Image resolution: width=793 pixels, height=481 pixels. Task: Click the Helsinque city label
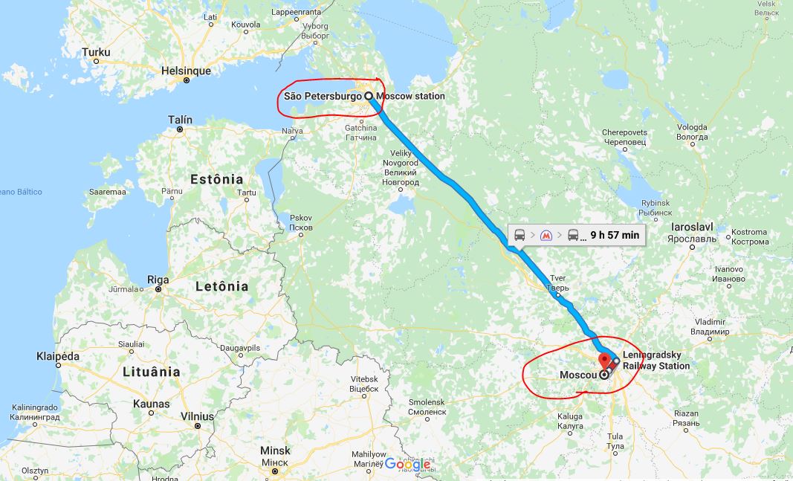pyautogui.click(x=186, y=71)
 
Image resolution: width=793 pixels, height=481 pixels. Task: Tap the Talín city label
pyautogui.click(x=180, y=120)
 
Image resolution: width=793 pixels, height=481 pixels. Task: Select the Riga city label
pyautogui.click(x=158, y=280)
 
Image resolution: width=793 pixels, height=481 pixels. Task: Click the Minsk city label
pyautogui.click(x=275, y=451)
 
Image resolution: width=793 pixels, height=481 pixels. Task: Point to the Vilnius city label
pyautogui.click(x=198, y=416)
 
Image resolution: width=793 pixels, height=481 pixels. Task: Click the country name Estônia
pyautogui.click(x=217, y=179)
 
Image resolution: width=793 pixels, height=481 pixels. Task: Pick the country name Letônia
pyautogui.click(x=221, y=286)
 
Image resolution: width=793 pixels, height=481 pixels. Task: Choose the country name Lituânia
pyautogui.click(x=152, y=371)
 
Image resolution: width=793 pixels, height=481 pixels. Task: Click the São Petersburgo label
pyautogui.click(x=323, y=96)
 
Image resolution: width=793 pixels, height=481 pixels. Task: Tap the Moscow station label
pyautogui.click(x=411, y=96)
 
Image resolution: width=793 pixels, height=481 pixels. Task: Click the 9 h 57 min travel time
pyautogui.click(x=615, y=235)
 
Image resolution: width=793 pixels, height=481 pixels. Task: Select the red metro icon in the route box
pyautogui.click(x=546, y=235)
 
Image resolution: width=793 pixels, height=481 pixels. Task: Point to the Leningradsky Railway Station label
pyautogui.click(x=656, y=360)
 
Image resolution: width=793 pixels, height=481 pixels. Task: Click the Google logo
pyautogui.click(x=407, y=464)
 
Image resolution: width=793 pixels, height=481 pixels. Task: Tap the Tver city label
pyautogui.click(x=557, y=278)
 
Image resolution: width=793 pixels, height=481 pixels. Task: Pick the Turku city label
pyautogui.click(x=96, y=52)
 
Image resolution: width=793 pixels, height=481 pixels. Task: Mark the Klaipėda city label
pyautogui.click(x=57, y=356)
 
